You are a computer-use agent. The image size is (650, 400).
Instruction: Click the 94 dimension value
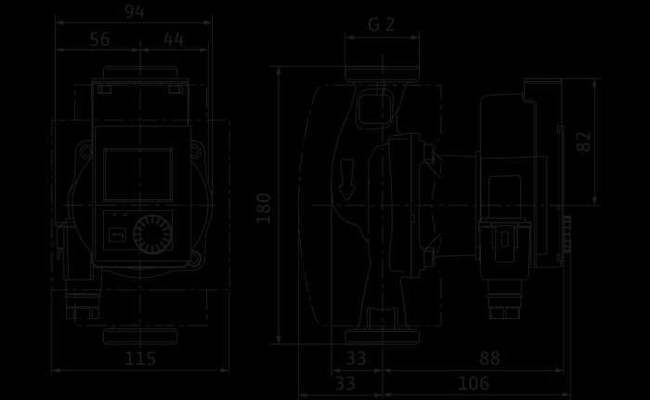135,12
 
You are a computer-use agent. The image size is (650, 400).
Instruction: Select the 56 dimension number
100,39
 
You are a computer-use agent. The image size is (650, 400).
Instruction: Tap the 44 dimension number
174,39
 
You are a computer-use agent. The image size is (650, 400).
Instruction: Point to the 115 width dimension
140,358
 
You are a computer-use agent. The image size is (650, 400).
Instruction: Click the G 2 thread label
382,25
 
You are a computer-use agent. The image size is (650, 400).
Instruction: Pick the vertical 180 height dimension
264,208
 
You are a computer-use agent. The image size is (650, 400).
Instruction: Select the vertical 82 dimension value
584,141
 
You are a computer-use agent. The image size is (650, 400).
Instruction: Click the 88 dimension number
489,358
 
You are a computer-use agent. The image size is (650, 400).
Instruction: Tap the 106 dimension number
474,384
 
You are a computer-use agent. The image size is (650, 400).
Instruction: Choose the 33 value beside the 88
356,358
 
